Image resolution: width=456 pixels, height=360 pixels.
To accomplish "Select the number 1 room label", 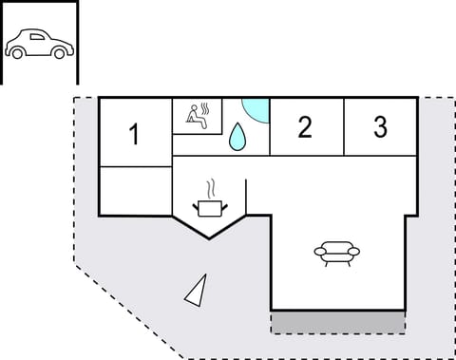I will point(135,135).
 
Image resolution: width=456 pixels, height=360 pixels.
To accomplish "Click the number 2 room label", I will point(304,127).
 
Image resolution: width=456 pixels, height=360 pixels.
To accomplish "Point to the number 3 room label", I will point(380,127).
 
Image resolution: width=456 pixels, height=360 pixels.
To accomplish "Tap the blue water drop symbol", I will point(237,137).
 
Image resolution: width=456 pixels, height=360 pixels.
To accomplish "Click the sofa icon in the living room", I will point(337,252).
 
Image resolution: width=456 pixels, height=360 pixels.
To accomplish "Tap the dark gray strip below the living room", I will point(337,321).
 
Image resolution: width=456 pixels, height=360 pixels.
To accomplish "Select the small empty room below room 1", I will point(135,191).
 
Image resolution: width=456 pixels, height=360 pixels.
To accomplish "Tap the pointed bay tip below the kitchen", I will point(208,237).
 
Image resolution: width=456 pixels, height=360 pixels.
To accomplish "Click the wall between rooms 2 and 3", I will point(343,127).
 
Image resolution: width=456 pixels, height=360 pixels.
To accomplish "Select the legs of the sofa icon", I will point(337,262).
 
